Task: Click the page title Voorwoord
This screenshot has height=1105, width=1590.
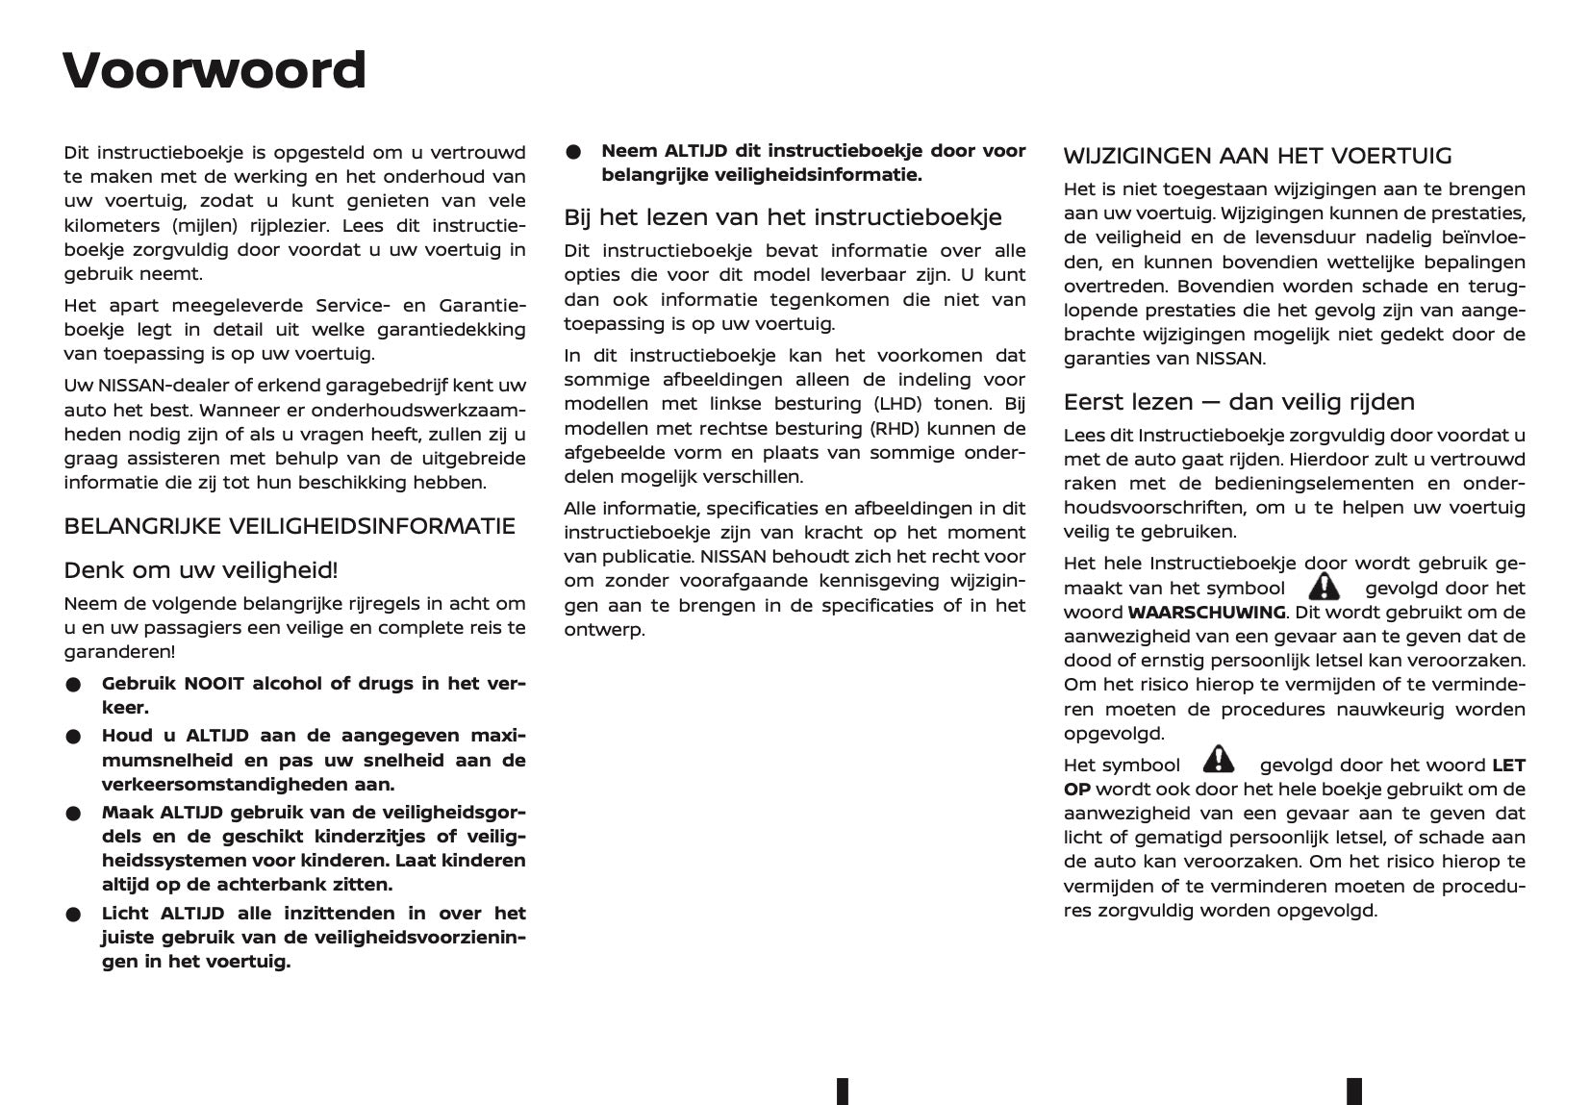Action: [x=214, y=70]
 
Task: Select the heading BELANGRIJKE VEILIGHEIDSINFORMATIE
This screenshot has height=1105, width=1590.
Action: [x=290, y=526]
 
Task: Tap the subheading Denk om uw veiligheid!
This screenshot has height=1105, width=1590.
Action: [x=200, y=570]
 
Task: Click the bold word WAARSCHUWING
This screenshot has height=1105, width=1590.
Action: [x=1206, y=613]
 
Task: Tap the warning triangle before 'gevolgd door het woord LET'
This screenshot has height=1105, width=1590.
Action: [x=1218, y=761]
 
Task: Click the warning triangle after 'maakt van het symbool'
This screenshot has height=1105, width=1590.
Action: [x=1324, y=586]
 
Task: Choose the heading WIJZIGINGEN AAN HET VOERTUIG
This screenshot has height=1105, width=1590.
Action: [x=1257, y=156]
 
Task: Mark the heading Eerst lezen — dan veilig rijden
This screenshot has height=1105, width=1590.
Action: [x=1239, y=402]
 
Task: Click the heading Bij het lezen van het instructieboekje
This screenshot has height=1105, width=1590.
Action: [x=782, y=217]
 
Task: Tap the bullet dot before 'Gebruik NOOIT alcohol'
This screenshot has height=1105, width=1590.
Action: [x=73, y=685]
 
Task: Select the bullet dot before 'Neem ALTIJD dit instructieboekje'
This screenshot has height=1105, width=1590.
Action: [x=573, y=152]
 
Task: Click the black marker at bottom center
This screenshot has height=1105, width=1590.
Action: [x=843, y=1091]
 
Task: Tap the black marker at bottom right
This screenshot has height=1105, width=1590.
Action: [x=1353, y=1091]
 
